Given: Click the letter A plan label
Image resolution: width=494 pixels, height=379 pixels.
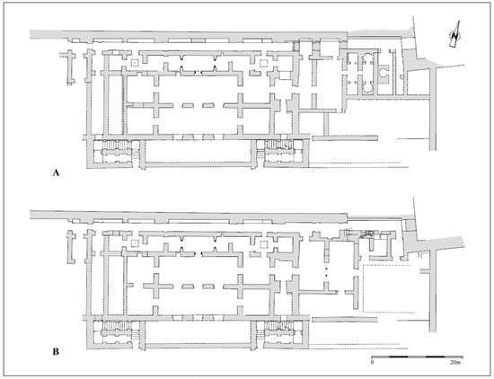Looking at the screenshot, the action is (56, 172).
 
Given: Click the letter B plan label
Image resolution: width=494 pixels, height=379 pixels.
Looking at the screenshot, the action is (56, 351).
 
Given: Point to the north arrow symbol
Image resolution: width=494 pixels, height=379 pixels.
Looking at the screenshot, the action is (454, 35).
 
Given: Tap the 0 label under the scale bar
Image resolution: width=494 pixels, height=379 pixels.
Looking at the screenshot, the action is (372, 363).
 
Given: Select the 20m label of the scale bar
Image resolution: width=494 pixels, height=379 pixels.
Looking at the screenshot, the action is (455, 363).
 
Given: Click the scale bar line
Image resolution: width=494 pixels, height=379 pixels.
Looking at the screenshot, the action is (417, 357).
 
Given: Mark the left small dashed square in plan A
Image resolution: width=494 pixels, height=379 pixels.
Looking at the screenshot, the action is (135, 63).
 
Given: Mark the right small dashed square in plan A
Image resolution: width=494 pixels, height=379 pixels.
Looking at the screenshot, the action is (263, 63).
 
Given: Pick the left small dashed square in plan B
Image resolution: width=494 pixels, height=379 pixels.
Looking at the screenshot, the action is (135, 243).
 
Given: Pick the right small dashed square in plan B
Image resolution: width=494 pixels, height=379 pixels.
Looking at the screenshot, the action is (263, 244).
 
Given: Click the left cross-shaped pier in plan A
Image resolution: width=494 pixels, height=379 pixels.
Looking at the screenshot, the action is (156, 105).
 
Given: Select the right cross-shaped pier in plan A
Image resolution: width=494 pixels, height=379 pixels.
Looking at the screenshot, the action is (241, 105).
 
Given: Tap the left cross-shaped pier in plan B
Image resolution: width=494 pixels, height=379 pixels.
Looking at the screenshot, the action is (156, 286).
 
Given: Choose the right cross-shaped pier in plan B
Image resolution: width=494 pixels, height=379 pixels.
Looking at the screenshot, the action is (241, 286).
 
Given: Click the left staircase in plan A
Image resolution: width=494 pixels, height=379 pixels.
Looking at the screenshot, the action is (116, 145).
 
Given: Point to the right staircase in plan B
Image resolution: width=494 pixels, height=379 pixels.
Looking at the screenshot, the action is (278, 325).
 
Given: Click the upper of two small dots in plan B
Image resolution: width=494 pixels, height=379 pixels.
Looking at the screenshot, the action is (326, 269).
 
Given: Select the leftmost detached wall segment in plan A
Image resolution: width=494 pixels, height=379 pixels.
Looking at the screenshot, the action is (70, 67).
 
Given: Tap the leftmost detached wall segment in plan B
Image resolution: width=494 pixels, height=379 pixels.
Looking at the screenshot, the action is (71, 247).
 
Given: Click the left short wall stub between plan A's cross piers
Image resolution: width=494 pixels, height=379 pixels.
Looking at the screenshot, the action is (189, 105).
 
